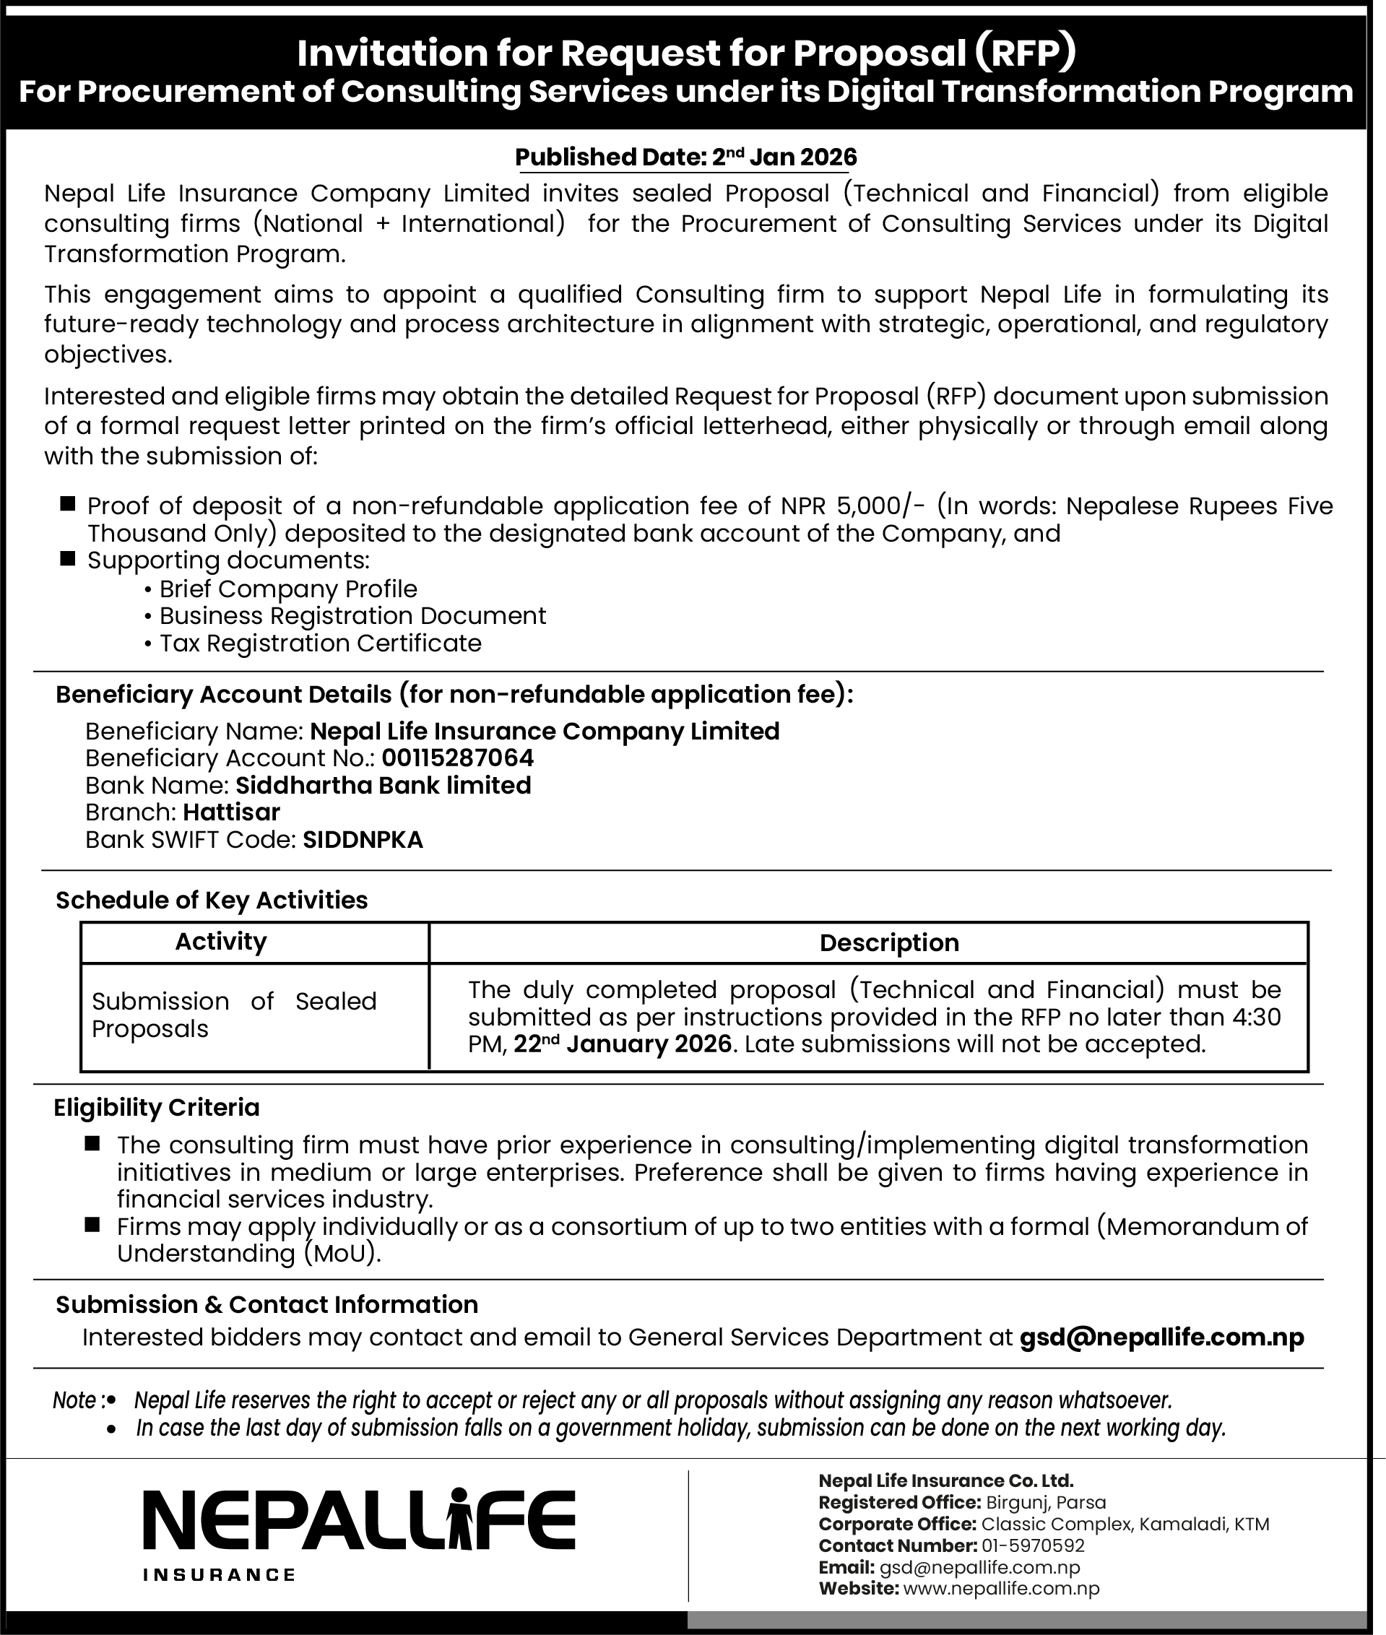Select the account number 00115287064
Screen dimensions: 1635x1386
tap(457, 758)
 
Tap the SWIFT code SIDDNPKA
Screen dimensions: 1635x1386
tap(363, 840)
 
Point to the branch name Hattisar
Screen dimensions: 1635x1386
tap(231, 812)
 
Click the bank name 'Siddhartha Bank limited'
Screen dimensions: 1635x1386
tap(384, 786)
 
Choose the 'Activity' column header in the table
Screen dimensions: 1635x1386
tap(221, 941)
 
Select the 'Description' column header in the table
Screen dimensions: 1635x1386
tap(888, 943)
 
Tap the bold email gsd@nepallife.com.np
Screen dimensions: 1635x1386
tap(1161, 1337)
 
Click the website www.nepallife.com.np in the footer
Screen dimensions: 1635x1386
tap(1001, 1589)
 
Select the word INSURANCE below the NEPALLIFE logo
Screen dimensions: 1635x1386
tap(220, 1574)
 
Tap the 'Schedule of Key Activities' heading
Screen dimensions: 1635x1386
tap(212, 901)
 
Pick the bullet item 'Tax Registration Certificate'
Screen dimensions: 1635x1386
tap(320, 643)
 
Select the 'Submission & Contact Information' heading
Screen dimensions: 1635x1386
tap(267, 1304)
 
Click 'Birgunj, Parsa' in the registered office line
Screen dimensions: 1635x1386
tap(1045, 1502)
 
